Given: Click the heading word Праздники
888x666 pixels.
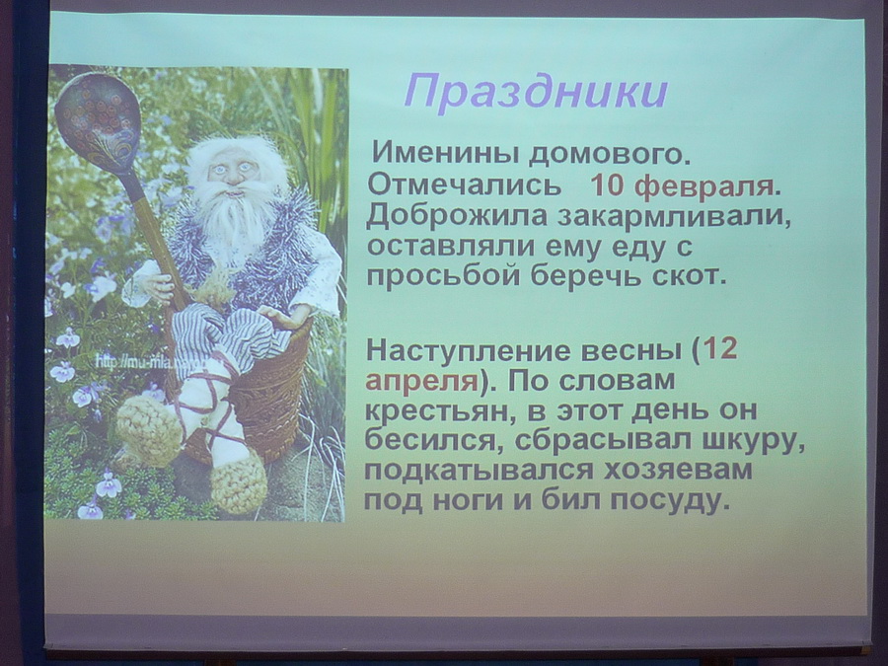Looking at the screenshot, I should coord(537,93).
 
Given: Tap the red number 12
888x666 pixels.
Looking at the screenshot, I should coord(722,349).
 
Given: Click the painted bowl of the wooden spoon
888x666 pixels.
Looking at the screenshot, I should coord(97,122).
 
